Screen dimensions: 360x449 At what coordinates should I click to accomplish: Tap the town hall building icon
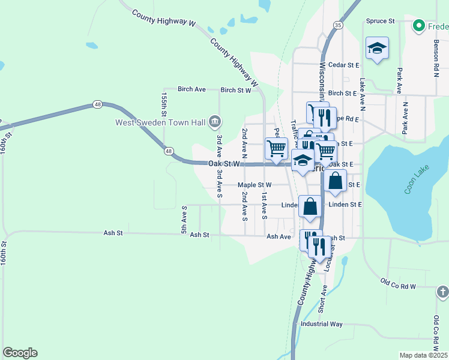click(214, 123)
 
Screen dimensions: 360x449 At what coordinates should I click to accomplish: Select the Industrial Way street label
click(322, 324)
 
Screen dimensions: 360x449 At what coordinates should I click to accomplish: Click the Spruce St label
click(380, 21)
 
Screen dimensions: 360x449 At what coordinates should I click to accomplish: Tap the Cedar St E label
click(343, 65)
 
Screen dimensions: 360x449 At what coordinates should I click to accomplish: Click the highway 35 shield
click(339, 25)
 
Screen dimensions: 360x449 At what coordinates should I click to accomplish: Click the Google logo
click(20, 353)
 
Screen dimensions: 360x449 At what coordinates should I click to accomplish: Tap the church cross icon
click(442, 292)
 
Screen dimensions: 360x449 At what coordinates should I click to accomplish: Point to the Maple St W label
click(255, 185)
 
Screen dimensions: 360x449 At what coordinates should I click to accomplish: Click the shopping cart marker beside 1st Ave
click(276, 148)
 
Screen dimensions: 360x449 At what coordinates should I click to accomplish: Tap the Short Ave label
click(323, 298)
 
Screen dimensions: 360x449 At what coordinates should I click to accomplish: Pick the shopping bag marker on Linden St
click(310, 206)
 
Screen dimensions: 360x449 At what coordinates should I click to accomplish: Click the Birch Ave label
click(191, 89)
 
